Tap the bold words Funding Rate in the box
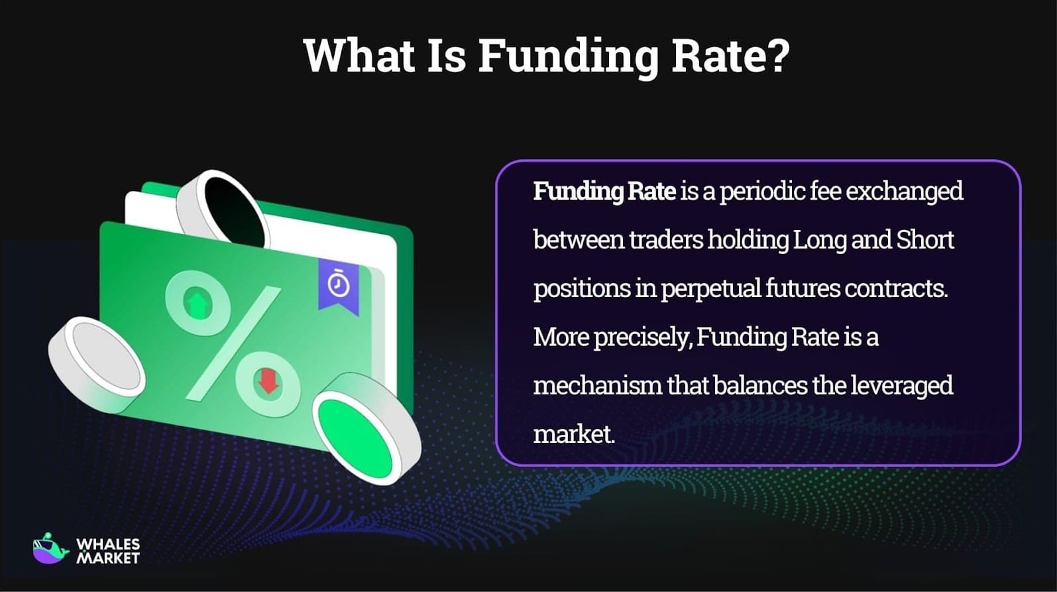[604, 192]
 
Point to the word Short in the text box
[924, 240]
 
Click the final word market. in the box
[574, 434]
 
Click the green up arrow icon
[197, 304]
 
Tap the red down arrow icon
[268, 383]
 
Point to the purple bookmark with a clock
[339, 285]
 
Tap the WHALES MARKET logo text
[108, 551]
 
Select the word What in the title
[359, 56]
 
